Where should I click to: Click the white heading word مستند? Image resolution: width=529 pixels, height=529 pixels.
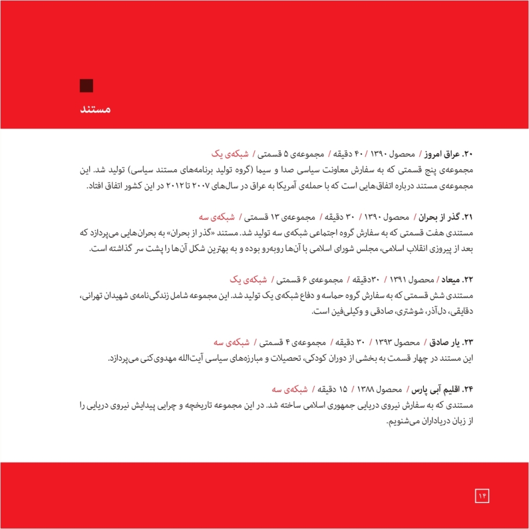coord(94,109)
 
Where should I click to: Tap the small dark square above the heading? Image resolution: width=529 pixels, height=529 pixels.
coord(87,85)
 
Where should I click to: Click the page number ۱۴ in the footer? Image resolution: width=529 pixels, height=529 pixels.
coord(482,494)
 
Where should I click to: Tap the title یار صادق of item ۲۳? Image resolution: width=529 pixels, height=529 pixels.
coord(445,342)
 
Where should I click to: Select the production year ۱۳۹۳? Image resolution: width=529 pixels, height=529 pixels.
coord(388,342)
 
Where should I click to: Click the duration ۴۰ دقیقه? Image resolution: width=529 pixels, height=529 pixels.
coord(344,155)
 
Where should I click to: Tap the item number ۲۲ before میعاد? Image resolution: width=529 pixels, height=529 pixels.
coord(471,280)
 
